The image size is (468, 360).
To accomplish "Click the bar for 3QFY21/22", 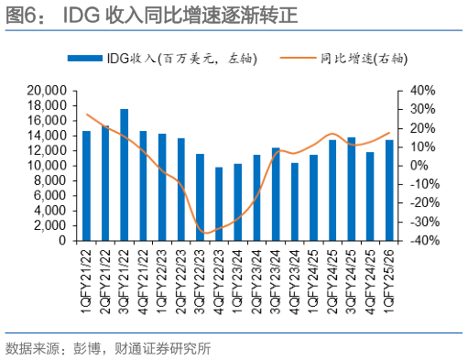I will [x=124, y=175].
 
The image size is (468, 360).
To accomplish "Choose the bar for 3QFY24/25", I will [x=351, y=189].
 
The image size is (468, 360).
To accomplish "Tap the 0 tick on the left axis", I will [x=61, y=241].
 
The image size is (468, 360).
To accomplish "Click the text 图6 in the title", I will [x=20, y=16].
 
